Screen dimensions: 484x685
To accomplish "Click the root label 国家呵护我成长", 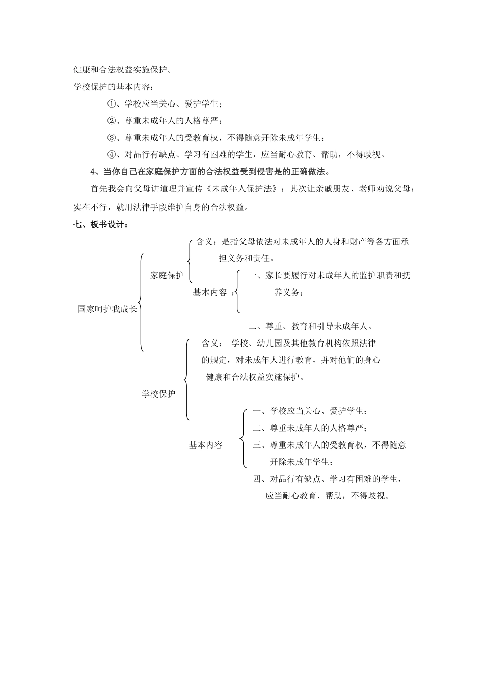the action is (107, 309).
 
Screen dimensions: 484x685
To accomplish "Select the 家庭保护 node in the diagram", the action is (167, 275).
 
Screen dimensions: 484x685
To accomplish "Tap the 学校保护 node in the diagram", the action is (158, 393).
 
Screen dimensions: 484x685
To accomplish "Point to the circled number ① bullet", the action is (112, 104).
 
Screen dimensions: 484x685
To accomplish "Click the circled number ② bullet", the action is (112, 121).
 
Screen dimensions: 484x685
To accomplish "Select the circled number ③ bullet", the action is (112, 138).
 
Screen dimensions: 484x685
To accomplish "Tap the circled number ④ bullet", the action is (112, 154).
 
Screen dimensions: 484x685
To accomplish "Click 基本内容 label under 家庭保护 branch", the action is (209, 292).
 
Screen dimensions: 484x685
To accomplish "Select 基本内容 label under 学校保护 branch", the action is (205, 445).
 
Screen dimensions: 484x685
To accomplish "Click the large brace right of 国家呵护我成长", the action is (141, 302).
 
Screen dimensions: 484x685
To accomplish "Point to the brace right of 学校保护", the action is (187, 379).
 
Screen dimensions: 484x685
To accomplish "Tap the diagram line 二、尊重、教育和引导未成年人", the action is (310, 326).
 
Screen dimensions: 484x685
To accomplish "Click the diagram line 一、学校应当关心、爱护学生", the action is (310, 411).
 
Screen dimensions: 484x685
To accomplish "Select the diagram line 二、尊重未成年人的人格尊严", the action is (310, 428).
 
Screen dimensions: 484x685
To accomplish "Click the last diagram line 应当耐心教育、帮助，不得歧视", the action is (327, 496).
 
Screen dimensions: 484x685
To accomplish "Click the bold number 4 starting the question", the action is (93, 171).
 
